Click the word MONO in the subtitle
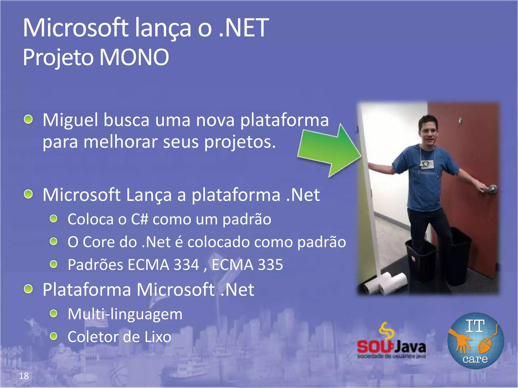(x=134, y=57)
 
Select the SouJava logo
(x=391, y=342)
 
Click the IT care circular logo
(x=476, y=341)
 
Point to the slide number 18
(x=24, y=376)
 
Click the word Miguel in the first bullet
(x=70, y=120)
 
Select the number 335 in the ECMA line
(x=270, y=265)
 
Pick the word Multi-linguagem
(x=125, y=314)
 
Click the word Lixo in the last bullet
(x=158, y=337)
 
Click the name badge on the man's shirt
(x=427, y=164)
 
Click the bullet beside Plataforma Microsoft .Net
(x=28, y=289)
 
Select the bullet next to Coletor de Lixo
(x=54, y=336)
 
